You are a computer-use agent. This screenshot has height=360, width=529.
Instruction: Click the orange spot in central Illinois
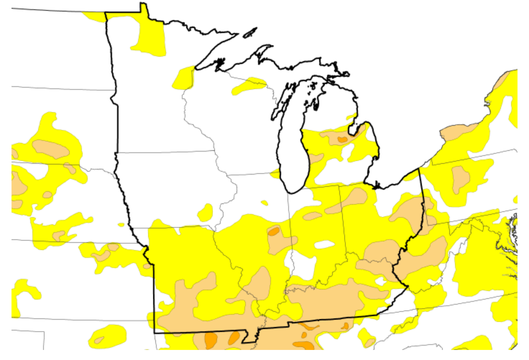click(x=274, y=231)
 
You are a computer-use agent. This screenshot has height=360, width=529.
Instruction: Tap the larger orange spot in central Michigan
click(x=341, y=139)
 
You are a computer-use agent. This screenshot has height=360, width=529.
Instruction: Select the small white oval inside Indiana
click(x=325, y=245)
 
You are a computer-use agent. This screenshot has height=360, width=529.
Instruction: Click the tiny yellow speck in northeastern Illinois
click(x=264, y=203)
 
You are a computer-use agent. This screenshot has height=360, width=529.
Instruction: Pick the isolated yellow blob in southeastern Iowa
click(x=206, y=212)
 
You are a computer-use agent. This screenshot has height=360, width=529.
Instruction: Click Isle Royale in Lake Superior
click(x=250, y=33)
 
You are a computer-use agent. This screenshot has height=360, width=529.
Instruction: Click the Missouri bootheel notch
click(x=252, y=336)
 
